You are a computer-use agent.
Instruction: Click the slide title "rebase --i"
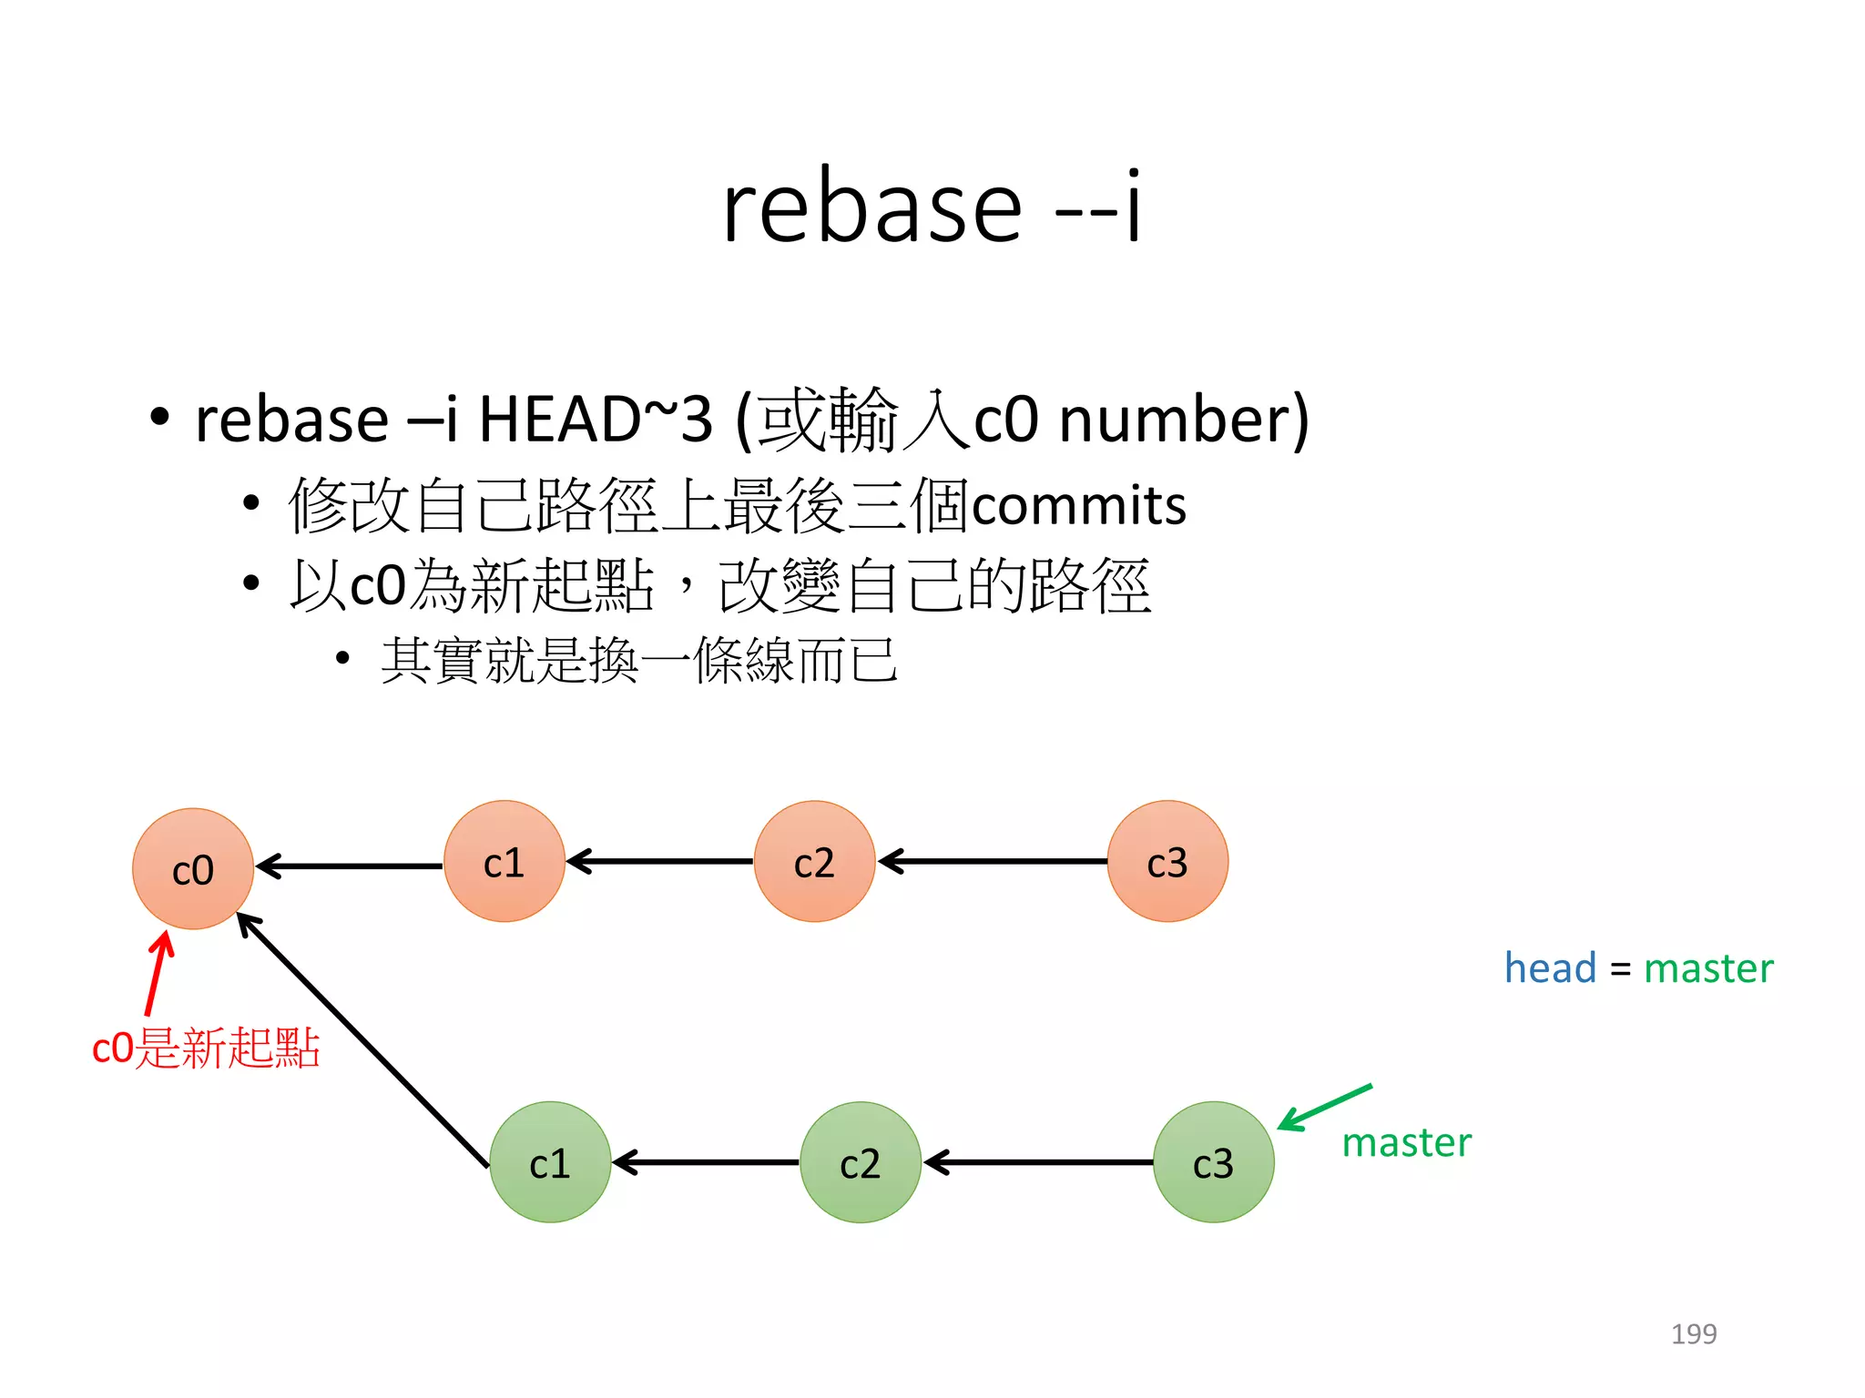[932, 208]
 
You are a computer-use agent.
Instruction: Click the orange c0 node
[193, 869]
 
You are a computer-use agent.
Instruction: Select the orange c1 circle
[504, 861]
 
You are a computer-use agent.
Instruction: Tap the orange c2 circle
[814, 861]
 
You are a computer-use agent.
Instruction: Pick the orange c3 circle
[1167, 861]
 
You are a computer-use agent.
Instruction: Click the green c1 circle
[550, 1162]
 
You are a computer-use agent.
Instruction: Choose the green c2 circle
[861, 1162]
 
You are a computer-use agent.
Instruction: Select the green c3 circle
[1213, 1162]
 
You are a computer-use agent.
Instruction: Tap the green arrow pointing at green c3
[1325, 1107]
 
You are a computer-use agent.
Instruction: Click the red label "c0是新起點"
[206, 1048]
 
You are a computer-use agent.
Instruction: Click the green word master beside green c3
[1406, 1142]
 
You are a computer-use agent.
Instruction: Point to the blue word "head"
[1550, 967]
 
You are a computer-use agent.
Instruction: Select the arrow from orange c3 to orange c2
[993, 861]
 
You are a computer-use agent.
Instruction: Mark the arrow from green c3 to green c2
[1038, 1162]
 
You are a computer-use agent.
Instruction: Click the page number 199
[1693, 1333]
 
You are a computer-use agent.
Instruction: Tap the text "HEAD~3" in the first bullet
[596, 420]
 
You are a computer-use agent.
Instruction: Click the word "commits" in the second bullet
[1079, 505]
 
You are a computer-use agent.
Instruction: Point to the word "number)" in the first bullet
[1184, 420]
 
